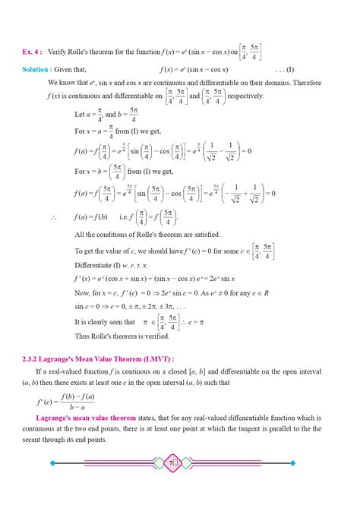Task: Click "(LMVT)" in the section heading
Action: (x=155, y=358)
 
